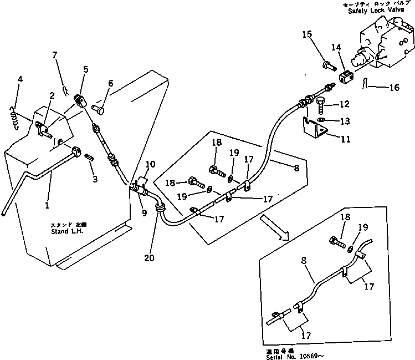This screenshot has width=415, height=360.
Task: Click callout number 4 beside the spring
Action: pyautogui.click(x=19, y=79)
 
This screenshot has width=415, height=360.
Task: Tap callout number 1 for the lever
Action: pyautogui.click(x=48, y=205)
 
